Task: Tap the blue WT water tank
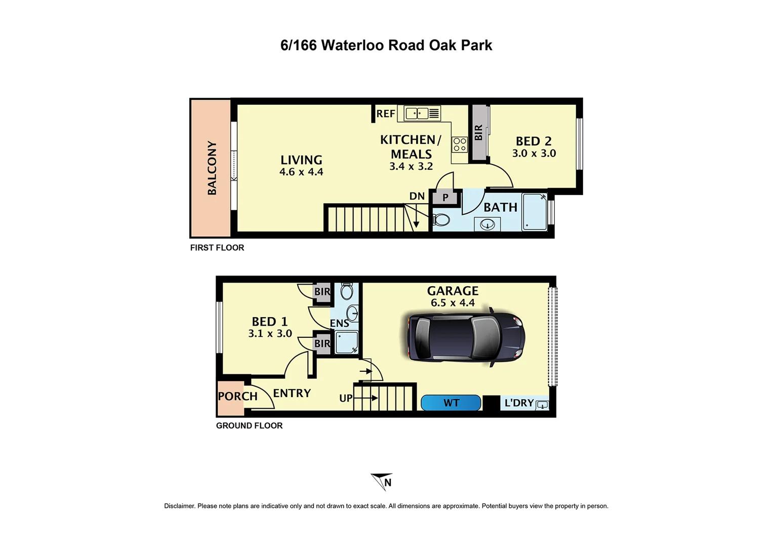click(451, 403)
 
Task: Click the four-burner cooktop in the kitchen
click(460, 144)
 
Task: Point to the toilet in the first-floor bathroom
click(441, 220)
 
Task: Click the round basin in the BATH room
click(487, 224)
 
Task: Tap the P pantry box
click(445, 198)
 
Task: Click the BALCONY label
click(212, 168)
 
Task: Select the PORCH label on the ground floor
click(237, 396)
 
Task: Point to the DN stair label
click(417, 197)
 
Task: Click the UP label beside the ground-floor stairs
click(346, 398)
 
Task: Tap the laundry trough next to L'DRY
click(542, 405)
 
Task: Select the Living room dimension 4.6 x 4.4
click(301, 172)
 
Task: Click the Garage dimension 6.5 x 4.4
click(453, 303)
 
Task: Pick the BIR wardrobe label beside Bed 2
click(478, 133)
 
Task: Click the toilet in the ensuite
click(347, 292)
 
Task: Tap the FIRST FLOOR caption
click(217, 248)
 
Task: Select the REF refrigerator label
click(386, 113)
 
